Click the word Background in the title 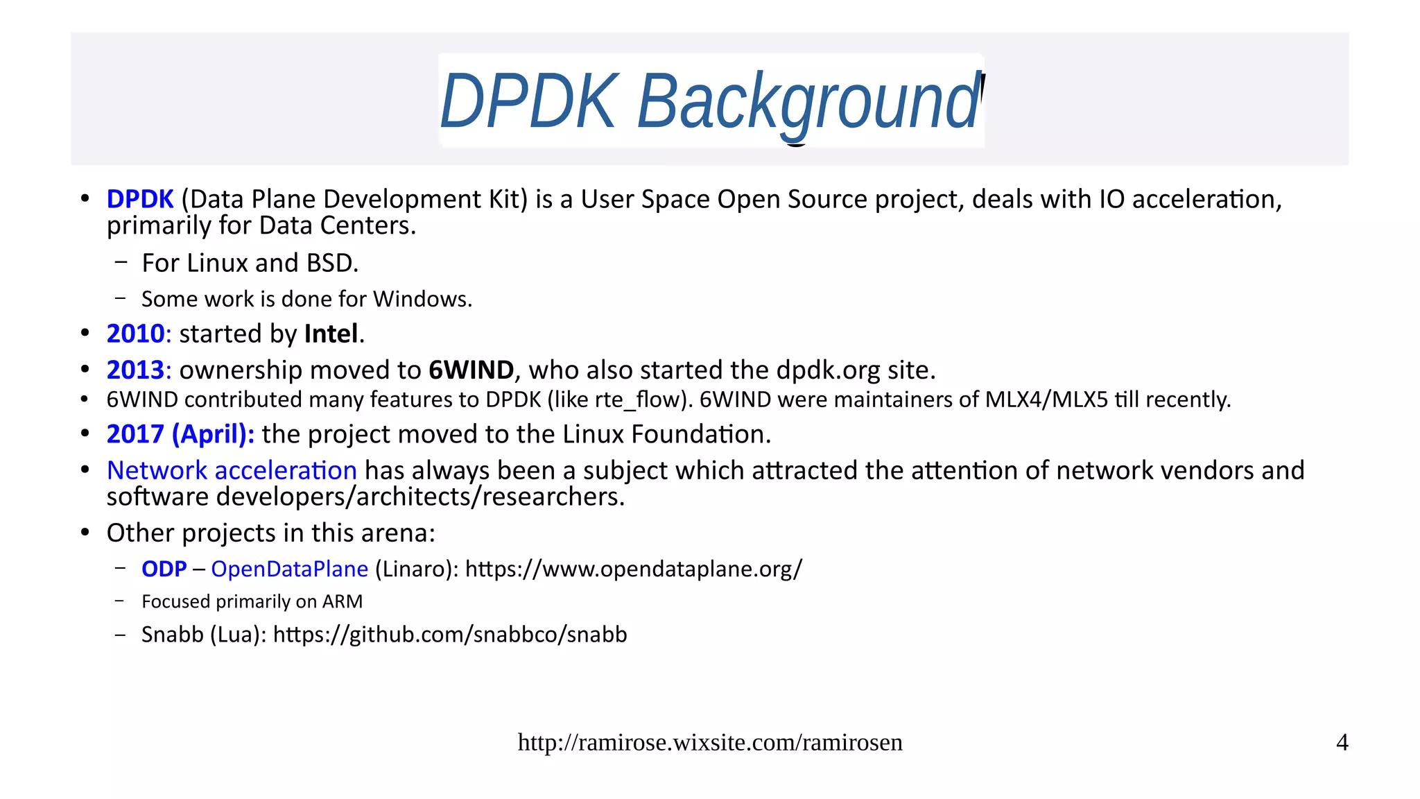point(808,102)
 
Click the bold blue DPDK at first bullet point(139,200)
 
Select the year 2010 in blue point(135,334)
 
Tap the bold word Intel point(331,334)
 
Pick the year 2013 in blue point(135,370)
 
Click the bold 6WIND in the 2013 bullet point(471,370)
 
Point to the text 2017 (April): point(180,435)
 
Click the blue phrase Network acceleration point(232,471)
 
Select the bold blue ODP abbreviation point(164,569)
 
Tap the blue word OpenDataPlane point(289,569)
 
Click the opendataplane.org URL point(633,569)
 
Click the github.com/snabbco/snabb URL point(449,635)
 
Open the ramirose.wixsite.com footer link point(709,743)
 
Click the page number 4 point(1342,743)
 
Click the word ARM point(343,602)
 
